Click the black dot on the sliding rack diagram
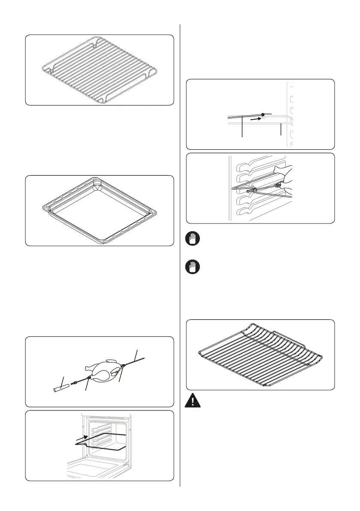tap(263, 115)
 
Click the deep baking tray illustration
tap(99, 210)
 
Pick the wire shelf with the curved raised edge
tap(260, 354)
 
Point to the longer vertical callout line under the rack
tap(243, 127)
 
